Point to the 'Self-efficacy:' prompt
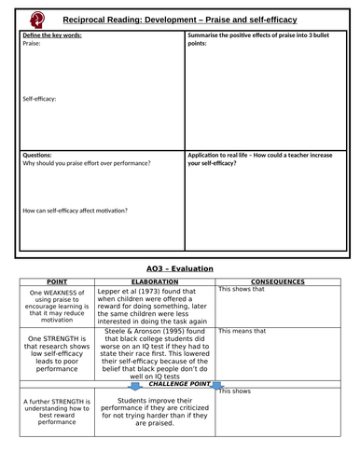[x=42, y=97]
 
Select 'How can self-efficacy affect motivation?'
[x=76, y=211]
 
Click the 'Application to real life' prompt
[x=256, y=158]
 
